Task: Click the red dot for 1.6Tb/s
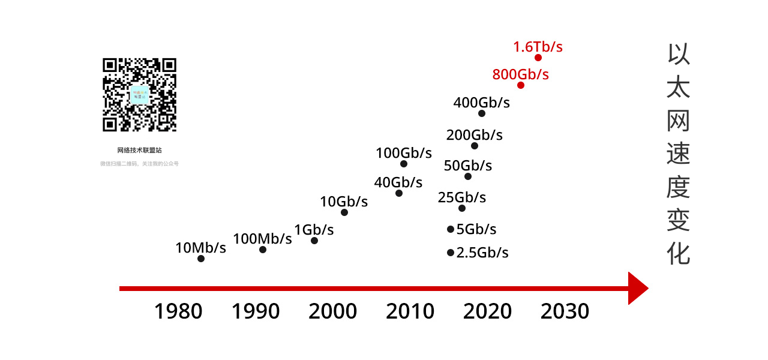[x=538, y=58]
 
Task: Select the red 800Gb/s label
[x=520, y=74]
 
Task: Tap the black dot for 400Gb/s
[x=482, y=113]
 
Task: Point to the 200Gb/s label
[x=474, y=135]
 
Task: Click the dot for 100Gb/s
[x=404, y=164]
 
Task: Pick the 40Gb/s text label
[x=398, y=182]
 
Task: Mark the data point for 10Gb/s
[x=344, y=212]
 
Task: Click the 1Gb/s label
[x=314, y=229]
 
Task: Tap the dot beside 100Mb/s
[x=263, y=250]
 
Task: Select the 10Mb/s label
[x=200, y=247]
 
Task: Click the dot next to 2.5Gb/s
[x=451, y=253]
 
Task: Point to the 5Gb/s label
[x=476, y=229]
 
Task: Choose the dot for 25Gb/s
[x=462, y=208]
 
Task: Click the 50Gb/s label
[x=467, y=166]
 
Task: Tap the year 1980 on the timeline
[x=178, y=311]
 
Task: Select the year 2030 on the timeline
[x=565, y=311]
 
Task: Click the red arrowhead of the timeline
[x=637, y=289]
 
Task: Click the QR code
[x=139, y=95]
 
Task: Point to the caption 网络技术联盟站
[x=139, y=150]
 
